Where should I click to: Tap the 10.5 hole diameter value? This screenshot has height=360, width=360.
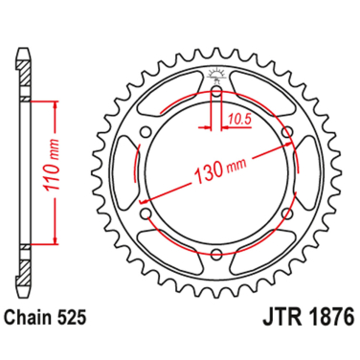tap(240, 120)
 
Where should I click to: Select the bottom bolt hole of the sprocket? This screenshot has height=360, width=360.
tap(217, 255)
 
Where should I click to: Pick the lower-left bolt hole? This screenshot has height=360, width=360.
tap(147, 215)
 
